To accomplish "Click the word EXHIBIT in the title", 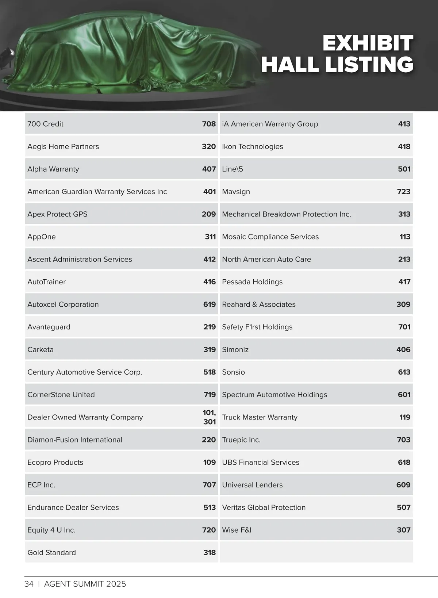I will [x=368, y=43].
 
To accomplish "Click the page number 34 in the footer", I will [x=29, y=584].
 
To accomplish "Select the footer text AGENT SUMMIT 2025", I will [x=85, y=584].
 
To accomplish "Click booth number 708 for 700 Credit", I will [x=209, y=124].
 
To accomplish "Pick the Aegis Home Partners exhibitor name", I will [x=63, y=146].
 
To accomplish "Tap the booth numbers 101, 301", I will [x=209, y=417].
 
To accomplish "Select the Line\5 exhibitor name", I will [x=232, y=169].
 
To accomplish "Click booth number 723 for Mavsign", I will [x=403, y=192].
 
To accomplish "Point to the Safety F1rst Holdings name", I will [x=257, y=327].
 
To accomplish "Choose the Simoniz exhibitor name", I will [x=235, y=349].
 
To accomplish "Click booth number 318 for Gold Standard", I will [x=209, y=552].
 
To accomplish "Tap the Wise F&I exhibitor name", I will [x=237, y=530].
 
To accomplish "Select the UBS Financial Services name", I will [x=260, y=462].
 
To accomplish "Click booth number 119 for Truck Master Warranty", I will [x=404, y=417].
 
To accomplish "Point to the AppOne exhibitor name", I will [x=42, y=237].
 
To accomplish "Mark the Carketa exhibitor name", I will [x=41, y=349].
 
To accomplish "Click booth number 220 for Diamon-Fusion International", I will [x=209, y=440].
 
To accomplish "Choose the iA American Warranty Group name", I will [x=270, y=124].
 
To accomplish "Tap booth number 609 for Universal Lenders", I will [x=403, y=485].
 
